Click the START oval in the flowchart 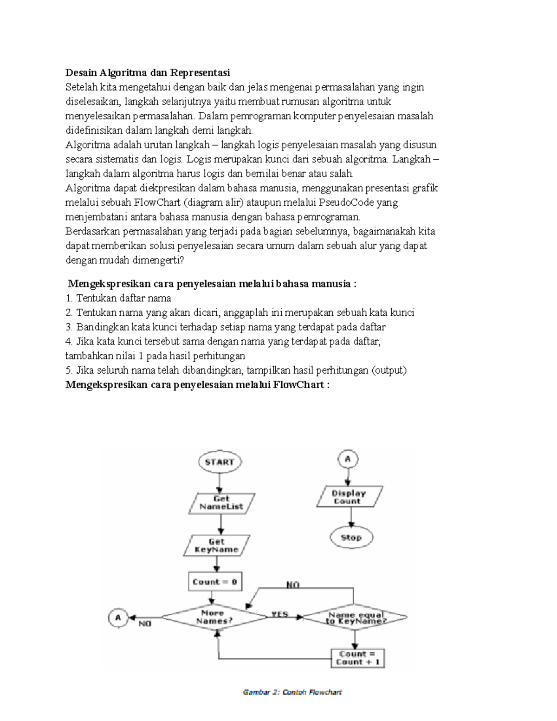tap(220, 462)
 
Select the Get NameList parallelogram tap(221, 503)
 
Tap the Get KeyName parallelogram tap(216, 546)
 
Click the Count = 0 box tap(215, 582)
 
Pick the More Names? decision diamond tap(214, 617)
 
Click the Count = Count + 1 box tap(357, 658)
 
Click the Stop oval tap(351, 538)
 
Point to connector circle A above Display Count tap(348, 460)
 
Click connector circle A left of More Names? tap(118, 618)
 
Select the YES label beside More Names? tap(279, 614)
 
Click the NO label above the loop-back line tap(293, 585)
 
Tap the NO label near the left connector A tap(145, 624)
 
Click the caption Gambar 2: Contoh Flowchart tap(292, 692)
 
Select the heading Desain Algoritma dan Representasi tap(148, 73)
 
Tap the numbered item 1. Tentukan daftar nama tap(118, 298)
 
